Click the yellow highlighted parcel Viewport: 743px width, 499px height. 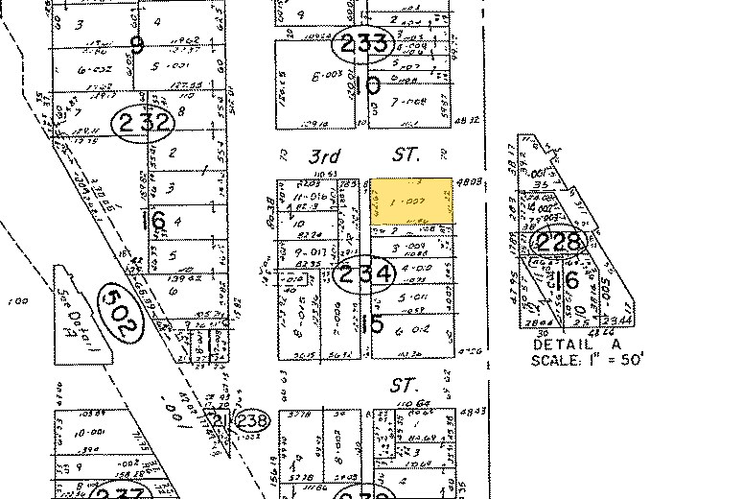tap(411, 202)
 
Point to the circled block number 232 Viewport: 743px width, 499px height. tap(143, 122)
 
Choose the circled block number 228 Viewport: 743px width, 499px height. tap(560, 241)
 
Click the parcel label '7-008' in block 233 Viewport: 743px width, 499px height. tap(415, 101)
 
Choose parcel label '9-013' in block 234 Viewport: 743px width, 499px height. tap(298, 251)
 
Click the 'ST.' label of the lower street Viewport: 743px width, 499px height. tap(400, 385)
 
